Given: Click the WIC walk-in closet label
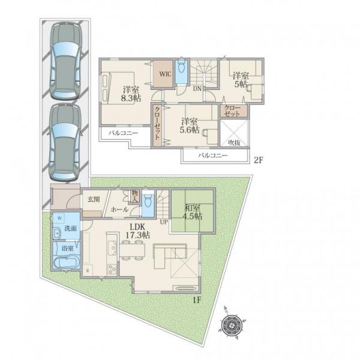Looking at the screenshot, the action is (166, 74).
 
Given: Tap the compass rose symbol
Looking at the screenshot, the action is (232, 325).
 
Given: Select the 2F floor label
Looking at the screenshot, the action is (258, 160).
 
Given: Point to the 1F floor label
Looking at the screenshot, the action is (197, 300).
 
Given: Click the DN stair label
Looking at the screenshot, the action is (197, 89).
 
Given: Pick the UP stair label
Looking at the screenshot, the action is (164, 222).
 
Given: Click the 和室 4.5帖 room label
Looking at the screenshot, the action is (193, 212).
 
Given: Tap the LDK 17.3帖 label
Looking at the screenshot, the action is (138, 231).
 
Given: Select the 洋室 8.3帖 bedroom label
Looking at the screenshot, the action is (131, 94).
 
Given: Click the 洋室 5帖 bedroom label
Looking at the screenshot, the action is (241, 80).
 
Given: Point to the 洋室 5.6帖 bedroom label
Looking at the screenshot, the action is (190, 125).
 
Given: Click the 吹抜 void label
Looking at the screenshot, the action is (234, 143).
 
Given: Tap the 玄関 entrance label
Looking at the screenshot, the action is (94, 199).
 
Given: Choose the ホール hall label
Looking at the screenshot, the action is (119, 209).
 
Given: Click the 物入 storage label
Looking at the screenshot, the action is (134, 196).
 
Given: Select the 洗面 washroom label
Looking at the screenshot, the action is (70, 228).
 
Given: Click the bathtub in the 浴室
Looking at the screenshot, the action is (66, 262).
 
